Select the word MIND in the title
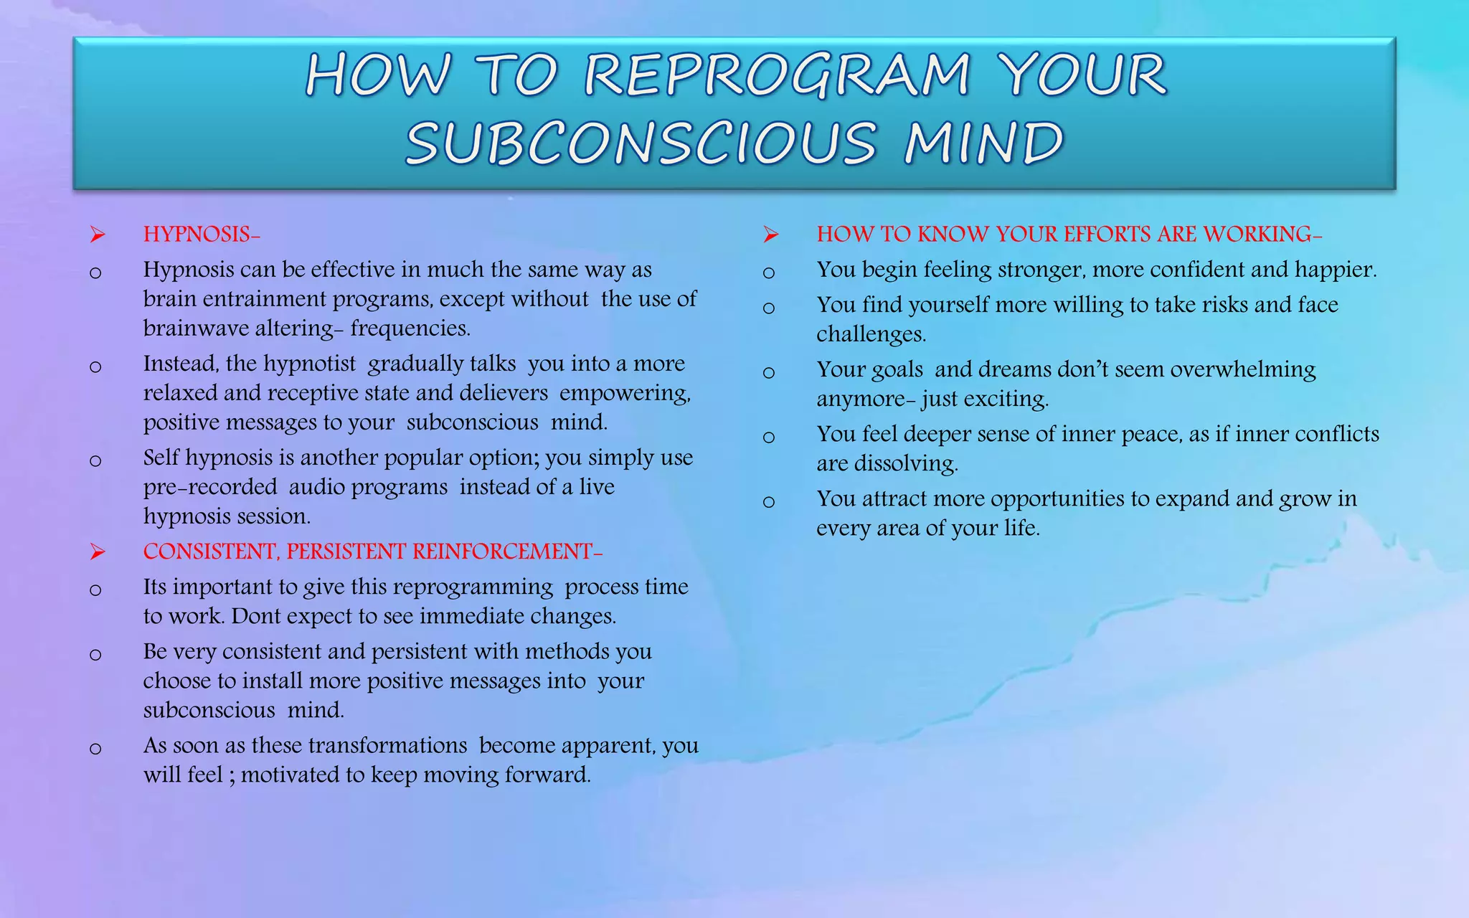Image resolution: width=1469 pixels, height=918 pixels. coord(983,143)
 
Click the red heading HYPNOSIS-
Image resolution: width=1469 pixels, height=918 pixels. coord(202,235)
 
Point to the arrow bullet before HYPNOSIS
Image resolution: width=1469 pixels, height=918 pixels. coord(98,235)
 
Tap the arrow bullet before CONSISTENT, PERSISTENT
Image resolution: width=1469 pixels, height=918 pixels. coord(98,552)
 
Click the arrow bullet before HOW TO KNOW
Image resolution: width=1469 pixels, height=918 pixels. coord(771,235)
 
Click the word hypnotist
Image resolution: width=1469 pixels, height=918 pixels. coord(309,364)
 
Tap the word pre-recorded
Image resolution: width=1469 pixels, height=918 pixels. coord(210,487)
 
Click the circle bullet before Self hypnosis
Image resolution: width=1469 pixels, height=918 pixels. coord(95,460)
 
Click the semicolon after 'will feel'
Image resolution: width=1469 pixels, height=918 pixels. coord(232,775)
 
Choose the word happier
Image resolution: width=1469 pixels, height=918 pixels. coord(1335,270)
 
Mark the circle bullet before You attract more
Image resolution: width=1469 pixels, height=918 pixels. coord(769,501)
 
